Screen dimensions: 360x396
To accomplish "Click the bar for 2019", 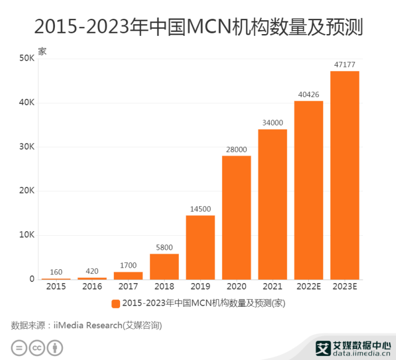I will point(200,247).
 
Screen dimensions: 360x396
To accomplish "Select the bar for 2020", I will point(236,217).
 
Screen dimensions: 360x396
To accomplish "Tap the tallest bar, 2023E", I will point(345,175).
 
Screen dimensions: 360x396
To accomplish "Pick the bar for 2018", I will point(165,266).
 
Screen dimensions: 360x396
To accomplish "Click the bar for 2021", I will point(272,204).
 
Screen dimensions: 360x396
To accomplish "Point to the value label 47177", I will point(345,65).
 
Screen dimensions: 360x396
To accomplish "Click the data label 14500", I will point(200,209).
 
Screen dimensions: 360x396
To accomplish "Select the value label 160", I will point(56,272).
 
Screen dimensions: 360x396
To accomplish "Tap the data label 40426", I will point(308,95).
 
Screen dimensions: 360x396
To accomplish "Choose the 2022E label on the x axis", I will point(308,287).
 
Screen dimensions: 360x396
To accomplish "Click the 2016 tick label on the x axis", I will point(92,287).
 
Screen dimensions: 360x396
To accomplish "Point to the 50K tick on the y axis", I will point(27,58).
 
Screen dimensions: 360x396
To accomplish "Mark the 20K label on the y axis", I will point(27,191).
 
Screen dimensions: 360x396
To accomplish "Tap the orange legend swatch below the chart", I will point(115,303).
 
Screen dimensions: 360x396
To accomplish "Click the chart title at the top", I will point(198,27).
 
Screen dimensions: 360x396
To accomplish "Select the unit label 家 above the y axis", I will point(42,50).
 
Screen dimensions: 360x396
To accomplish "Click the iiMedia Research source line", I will point(87,325).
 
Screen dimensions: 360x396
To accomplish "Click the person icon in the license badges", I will point(55,347).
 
